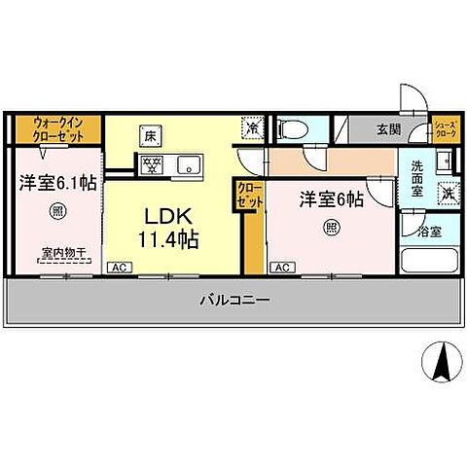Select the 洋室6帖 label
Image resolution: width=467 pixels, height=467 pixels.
pos(331,199)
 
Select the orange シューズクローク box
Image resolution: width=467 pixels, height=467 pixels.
pos(445,128)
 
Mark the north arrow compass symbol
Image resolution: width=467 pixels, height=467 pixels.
pos(440,363)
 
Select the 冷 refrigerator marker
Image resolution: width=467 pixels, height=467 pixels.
pos(252,127)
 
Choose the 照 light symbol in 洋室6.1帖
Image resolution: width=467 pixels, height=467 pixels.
pos(58,210)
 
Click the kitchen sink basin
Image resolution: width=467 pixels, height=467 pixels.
pos(188,162)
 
